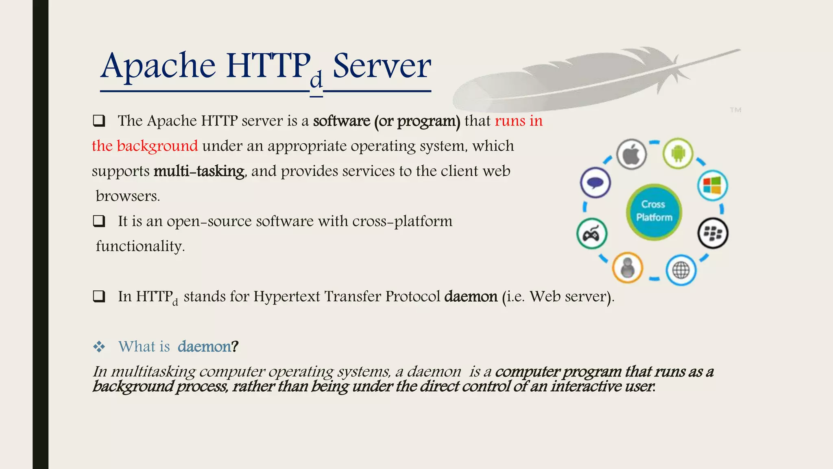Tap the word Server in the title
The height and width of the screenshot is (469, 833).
(x=382, y=66)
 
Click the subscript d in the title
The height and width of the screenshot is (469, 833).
(x=316, y=80)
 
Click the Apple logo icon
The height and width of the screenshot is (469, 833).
(x=631, y=154)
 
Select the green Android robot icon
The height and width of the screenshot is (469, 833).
(x=678, y=153)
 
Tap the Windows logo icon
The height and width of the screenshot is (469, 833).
(x=712, y=185)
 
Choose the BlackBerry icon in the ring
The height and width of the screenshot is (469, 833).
(x=713, y=233)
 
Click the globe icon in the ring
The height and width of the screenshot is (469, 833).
(x=681, y=270)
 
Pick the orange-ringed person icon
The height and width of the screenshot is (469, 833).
(x=628, y=268)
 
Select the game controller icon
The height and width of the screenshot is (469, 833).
(x=592, y=234)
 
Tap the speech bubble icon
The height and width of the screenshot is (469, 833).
(x=595, y=183)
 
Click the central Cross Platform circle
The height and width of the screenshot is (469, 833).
(x=654, y=211)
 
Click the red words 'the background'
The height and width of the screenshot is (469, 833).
(x=145, y=146)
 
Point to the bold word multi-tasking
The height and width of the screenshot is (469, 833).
(x=199, y=171)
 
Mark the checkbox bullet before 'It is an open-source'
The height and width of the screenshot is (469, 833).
(x=99, y=221)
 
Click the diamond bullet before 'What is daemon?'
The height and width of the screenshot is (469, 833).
(x=99, y=347)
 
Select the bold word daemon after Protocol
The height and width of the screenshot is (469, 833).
(x=471, y=296)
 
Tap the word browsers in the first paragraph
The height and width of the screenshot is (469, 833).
(x=128, y=196)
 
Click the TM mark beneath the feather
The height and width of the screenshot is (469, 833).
(x=735, y=110)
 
